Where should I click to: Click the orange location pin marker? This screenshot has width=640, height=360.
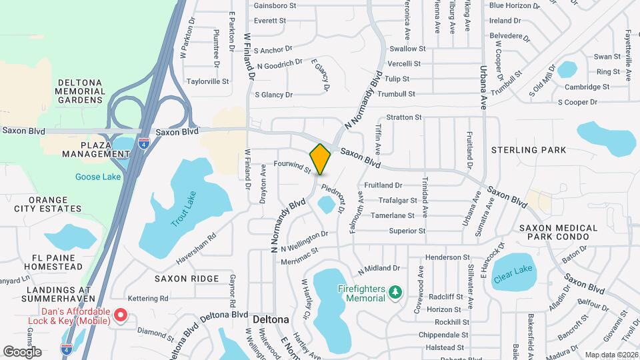point(320,159)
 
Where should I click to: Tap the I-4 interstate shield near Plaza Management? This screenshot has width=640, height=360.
point(143,143)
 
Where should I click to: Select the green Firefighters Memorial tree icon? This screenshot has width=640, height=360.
point(395,292)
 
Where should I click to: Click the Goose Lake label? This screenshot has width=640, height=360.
point(99,177)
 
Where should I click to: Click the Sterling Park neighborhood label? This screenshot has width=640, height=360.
point(529,150)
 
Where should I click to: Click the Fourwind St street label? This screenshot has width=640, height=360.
point(293,167)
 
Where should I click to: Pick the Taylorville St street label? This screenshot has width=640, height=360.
point(207,81)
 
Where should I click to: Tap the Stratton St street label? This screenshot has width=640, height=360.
point(404,117)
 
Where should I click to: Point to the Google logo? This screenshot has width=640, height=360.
point(22,351)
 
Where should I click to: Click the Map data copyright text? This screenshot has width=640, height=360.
point(611,354)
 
